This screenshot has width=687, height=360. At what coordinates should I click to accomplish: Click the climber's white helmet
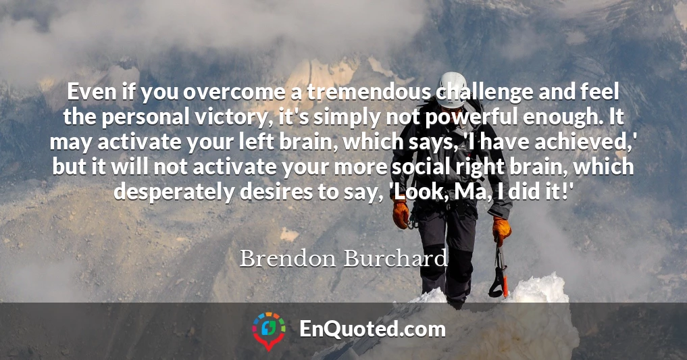pyautogui.click(x=452, y=89)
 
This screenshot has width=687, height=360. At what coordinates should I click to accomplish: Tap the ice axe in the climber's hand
pyautogui.click(x=499, y=272)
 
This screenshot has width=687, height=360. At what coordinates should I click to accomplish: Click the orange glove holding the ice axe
pyautogui.click(x=501, y=231)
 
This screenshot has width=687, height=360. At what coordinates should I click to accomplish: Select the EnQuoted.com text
pyautogui.click(x=372, y=329)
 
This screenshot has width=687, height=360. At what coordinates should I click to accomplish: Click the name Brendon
pyautogui.click(x=287, y=258)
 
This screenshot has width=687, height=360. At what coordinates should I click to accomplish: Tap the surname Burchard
pyautogui.click(x=396, y=258)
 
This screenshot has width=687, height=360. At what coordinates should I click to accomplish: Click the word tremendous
pyautogui.click(x=368, y=92)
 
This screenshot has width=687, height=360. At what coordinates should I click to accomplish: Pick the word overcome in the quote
pyautogui.click(x=234, y=93)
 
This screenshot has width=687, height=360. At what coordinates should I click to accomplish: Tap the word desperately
pyautogui.click(x=174, y=192)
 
